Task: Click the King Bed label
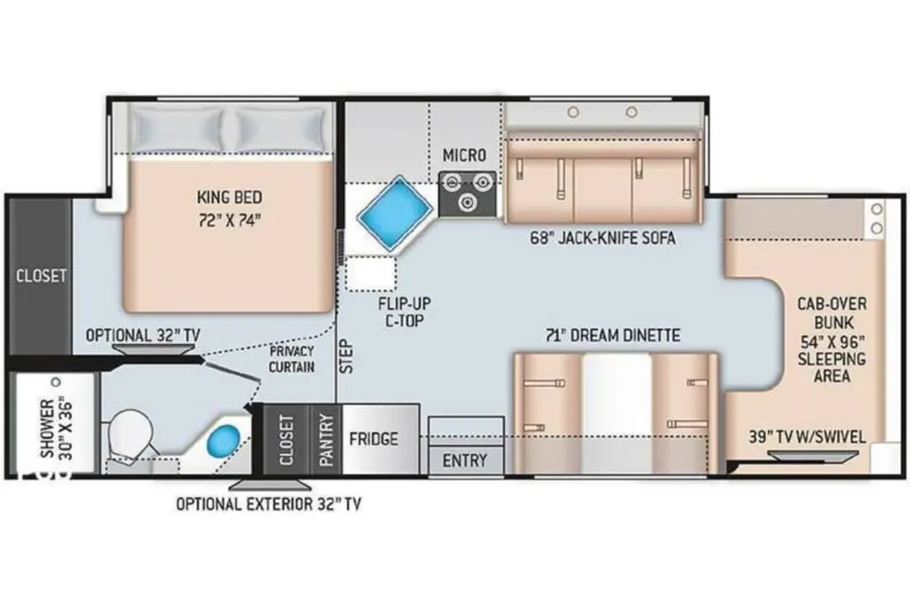229,208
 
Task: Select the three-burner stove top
467,193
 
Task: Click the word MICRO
464,156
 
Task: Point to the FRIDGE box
381,439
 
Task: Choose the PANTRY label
326,440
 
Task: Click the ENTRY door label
464,461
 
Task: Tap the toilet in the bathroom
131,435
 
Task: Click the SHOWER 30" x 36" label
56,428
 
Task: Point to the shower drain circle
56,382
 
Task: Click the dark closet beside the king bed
40,275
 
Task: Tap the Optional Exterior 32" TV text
268,505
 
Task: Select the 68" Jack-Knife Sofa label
603,237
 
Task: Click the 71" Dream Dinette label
613,335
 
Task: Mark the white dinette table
616,413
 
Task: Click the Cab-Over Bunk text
831,313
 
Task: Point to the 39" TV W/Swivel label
808,437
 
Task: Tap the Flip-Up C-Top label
405,312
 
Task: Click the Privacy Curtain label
292,359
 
